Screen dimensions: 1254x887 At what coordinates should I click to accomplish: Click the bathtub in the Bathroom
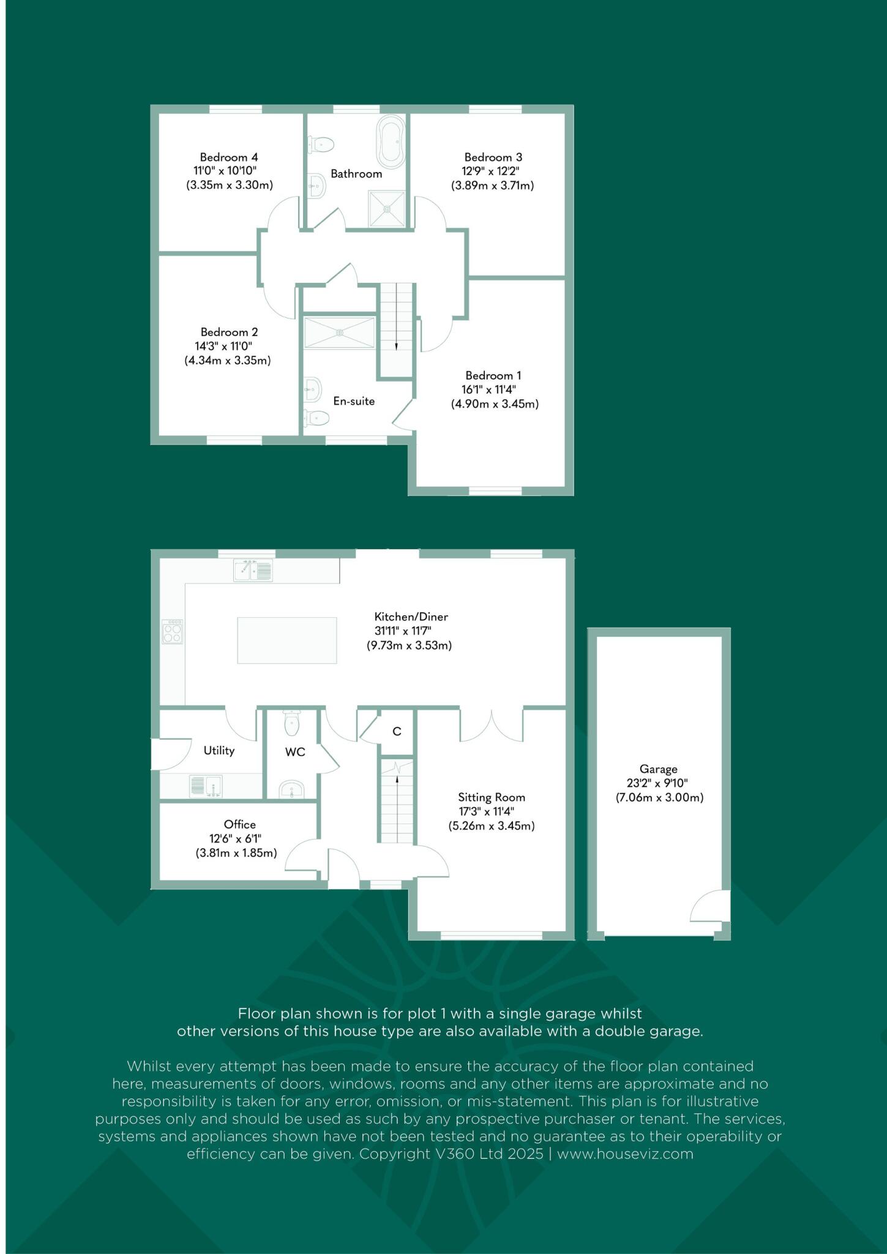(x=391, y=141)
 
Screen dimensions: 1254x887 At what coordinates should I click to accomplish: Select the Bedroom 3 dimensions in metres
(x=493, y=186)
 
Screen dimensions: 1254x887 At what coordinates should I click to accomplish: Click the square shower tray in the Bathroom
(x=387, y=209)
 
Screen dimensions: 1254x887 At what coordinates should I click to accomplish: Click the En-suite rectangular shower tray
(x=339, y=332)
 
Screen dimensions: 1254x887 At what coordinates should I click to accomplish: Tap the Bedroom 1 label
(x=493, y=375)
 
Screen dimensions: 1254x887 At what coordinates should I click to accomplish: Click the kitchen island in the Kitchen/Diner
(x=286, y=640)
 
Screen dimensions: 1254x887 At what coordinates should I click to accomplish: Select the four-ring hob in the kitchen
(x=172, y=631)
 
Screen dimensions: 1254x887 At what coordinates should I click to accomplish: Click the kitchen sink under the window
(x=253, y=571)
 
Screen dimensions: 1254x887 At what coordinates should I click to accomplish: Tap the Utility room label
(x=219, y=750)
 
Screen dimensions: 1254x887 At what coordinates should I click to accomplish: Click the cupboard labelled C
(x=397, y=731)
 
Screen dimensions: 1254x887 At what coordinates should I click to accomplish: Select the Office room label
(x=239, y=824)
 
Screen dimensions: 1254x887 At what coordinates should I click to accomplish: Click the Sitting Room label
(x=492, y=797)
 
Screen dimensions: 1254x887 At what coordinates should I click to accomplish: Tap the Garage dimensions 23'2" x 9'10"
(x=659, y=783)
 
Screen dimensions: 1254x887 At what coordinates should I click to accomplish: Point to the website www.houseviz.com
(x=625, y=1154)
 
